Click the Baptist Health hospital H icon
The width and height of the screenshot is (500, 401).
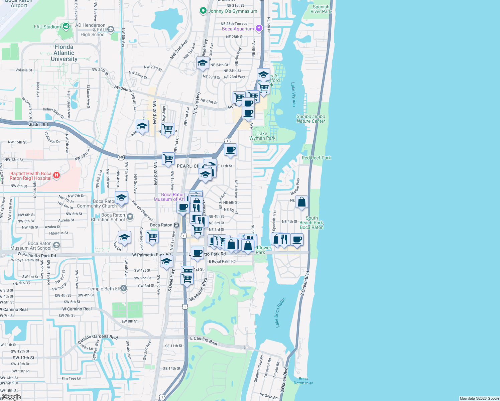pos(56,175)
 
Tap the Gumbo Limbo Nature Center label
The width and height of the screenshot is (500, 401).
pos(311,119)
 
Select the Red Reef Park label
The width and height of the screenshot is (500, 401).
pos(316,158)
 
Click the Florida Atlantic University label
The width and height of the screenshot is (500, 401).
pos(64,53)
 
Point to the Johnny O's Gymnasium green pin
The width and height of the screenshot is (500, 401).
pos(203,11)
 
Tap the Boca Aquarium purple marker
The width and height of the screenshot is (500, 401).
pos(259,28)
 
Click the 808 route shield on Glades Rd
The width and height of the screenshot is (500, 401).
pos(121,157)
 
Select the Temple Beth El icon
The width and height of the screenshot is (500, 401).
pos(124,288)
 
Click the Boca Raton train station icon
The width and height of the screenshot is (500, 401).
pos(176,225)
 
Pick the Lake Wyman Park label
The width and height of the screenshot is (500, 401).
pos(262,136)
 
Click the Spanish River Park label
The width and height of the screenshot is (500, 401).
pos(321,9)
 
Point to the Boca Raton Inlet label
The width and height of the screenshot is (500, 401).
pos(303,381)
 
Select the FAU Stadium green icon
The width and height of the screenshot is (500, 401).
pos(66,26)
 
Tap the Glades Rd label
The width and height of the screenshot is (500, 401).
pos(38,124)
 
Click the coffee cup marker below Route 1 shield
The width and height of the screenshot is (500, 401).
pos(230,150)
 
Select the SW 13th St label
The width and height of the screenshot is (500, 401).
pos(23,358)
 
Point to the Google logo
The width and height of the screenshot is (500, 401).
pos(11,397)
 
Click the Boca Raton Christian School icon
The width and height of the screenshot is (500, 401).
pos(130,217)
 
